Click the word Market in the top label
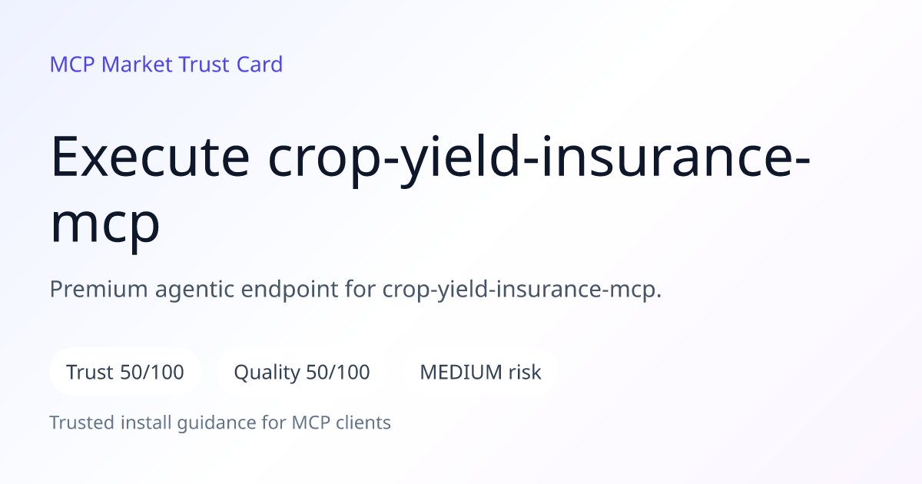point(137,65)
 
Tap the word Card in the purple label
point(260,65)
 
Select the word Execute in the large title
point(150,157)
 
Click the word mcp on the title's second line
point(105,225)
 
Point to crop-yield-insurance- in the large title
point(539,161)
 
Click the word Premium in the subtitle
point(99,289)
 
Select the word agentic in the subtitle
point(194,290)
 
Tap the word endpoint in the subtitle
point(290,290)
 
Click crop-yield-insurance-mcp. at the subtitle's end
point(522,290)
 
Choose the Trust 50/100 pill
point(125,372)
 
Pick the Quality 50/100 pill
point(302,372)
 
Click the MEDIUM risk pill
point(480,372)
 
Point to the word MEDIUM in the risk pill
point(461,372)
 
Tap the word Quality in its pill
point(267,373)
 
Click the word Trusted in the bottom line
point(82,423)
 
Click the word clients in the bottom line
point(363,423)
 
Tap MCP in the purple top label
point(72,65)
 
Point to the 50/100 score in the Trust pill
point(152,372)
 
